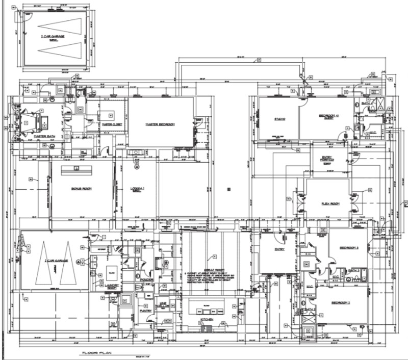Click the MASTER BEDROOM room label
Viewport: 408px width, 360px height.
coord(160,124)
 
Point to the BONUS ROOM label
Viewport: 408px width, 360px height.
coord(81,188)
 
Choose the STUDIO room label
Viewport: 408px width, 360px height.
coord(279,119)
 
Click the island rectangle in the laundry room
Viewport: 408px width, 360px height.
coord(112,271)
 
